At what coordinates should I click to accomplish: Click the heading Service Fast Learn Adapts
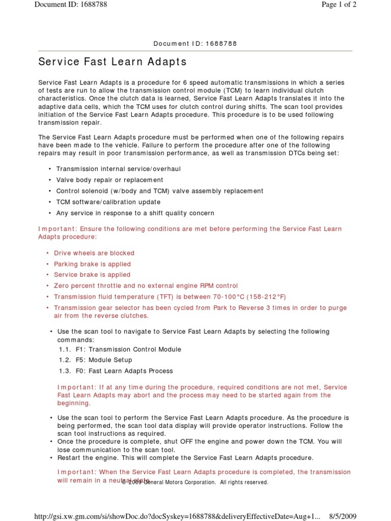[113, 62]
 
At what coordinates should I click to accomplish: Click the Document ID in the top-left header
[71, 5]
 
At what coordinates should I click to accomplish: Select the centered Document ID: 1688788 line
[195, 44]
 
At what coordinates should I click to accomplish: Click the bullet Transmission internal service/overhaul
[118, 169]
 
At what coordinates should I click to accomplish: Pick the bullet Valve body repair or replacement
[109, 180]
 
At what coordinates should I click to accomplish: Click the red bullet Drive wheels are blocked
[94, 253]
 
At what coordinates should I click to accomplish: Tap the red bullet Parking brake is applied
[92, 264]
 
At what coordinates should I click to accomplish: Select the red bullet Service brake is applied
[92, 275]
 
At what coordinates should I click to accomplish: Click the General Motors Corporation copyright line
[195, 482]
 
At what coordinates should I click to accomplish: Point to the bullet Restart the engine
[185, 458]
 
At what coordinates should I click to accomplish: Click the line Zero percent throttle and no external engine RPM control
[146, 286]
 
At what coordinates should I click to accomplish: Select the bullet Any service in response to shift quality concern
[135, 213]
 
